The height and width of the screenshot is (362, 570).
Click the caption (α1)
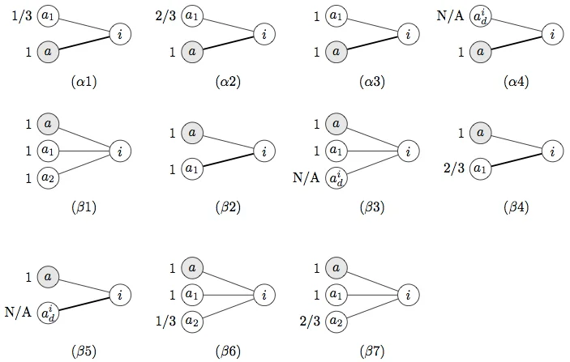(x=84, y=82)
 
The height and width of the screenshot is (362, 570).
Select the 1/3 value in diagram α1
(x=23, y=15)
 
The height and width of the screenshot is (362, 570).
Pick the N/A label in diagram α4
(x=451, y=15)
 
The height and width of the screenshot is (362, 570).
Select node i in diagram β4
(x=551, y=151)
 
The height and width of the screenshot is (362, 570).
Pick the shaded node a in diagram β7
(x=334, y=268)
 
